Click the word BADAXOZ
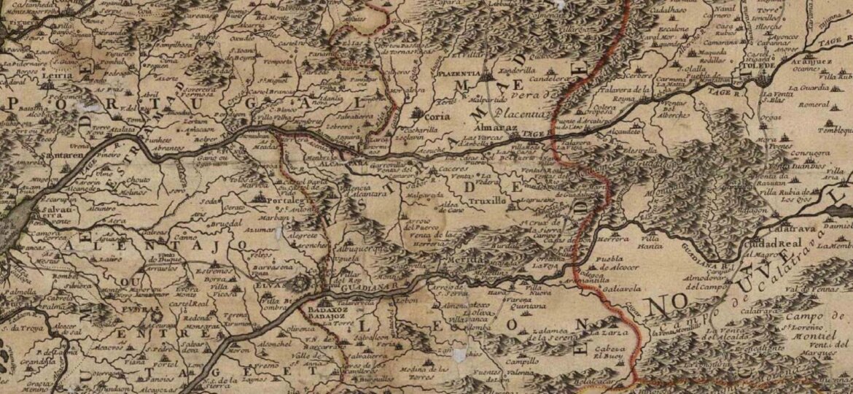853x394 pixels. point(330,309)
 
